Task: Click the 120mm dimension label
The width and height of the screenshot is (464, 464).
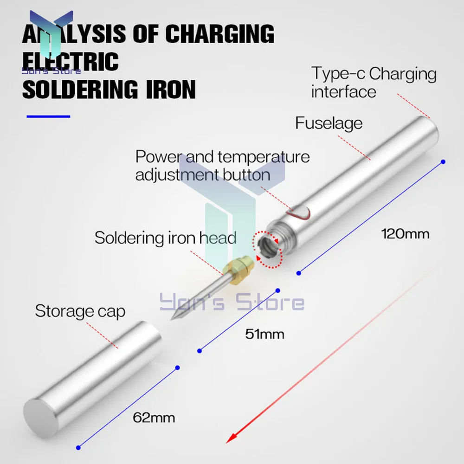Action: point(405,233)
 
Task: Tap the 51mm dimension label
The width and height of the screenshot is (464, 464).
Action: point(264,334)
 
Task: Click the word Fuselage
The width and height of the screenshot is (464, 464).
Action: point(329,123)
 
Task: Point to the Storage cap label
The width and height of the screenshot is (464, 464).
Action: point(80,311)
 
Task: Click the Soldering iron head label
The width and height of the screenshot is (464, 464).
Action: point(165,238)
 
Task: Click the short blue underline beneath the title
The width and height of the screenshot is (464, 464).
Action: point(48,116)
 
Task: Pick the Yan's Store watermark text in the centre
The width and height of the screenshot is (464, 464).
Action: point(232,303)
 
